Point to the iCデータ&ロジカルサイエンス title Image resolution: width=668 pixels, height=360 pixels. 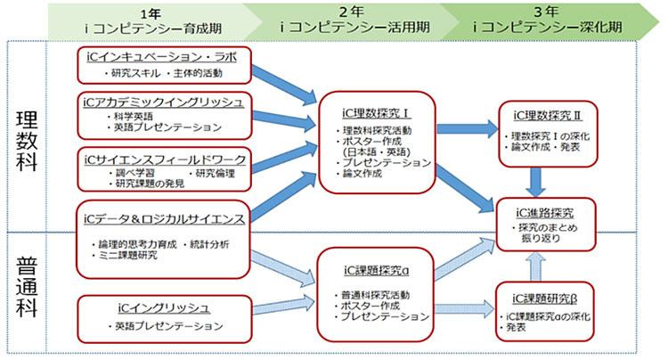[159, 218]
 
